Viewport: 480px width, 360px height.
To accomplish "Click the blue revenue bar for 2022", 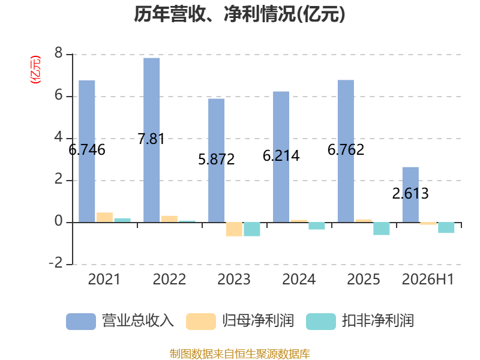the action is pos(152,140).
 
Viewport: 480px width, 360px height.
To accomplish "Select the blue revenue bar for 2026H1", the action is pos(410,194).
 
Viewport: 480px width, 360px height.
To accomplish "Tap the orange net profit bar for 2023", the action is pos(234,229).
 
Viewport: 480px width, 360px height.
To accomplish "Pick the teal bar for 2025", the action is pos(382,229).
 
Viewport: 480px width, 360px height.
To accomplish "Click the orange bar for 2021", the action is pos(104,217).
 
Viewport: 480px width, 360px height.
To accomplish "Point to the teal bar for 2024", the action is pos(317,226).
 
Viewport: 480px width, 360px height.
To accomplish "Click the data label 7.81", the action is pos(151,139).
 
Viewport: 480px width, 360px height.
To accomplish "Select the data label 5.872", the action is pos(217,159).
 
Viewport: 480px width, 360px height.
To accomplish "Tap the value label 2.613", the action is pos(410,193).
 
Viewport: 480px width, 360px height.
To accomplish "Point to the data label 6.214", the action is pos(281,156).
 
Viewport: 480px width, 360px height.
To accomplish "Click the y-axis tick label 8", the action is pos(58,53).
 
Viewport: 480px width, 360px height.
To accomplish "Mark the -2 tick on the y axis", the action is pos(56,263).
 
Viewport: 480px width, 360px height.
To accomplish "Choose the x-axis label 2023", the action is pos(234,279).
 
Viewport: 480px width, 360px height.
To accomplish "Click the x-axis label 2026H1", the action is pos(428,279).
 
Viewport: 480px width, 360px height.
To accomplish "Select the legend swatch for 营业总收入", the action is pos(81,322).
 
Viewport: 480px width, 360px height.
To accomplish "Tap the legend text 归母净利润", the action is pos(258,321).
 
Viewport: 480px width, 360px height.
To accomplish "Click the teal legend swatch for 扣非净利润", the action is pos(321,322).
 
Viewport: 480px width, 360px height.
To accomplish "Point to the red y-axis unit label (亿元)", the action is pos(35,70).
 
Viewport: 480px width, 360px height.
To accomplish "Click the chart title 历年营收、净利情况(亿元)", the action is pos(239,14).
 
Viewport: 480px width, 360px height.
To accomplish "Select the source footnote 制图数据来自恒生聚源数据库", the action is pos(240,354).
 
